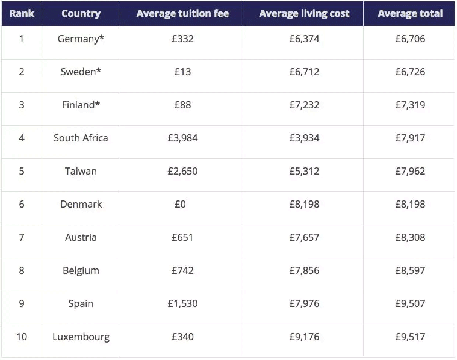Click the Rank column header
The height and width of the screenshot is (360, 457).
[x=22, y=13]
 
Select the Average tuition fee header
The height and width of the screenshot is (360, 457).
[x=182, y=13]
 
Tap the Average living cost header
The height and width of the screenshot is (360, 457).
[x=304, y=13]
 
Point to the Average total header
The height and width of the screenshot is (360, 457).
[x=410, y=13]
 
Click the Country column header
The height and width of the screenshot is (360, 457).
[x=81, y=13]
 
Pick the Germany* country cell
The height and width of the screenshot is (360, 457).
[x=81, y=39]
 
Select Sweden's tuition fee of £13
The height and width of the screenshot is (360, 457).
[x=182, y=72]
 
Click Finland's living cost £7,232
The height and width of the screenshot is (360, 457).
[x=304, y=105]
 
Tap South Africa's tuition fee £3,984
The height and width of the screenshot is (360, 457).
[x=182, y=138]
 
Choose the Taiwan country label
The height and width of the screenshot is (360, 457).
[x=81, y=172]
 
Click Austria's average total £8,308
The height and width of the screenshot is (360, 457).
[x=410, y=238]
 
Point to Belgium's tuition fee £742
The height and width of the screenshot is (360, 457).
[x=182, y=271]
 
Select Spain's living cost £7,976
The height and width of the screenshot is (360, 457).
[x=304, y=304]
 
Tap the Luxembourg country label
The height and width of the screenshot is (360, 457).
[x=81, y=337]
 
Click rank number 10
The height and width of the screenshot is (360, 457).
[x=22, y=337]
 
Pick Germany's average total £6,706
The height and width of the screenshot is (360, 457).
[x=410, y=39]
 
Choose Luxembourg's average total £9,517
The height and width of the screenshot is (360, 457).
[x=410, y=337]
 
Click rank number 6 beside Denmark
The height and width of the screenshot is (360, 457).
[x=22, y=205]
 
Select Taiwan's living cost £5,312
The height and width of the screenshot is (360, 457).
[x=304, y=172]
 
